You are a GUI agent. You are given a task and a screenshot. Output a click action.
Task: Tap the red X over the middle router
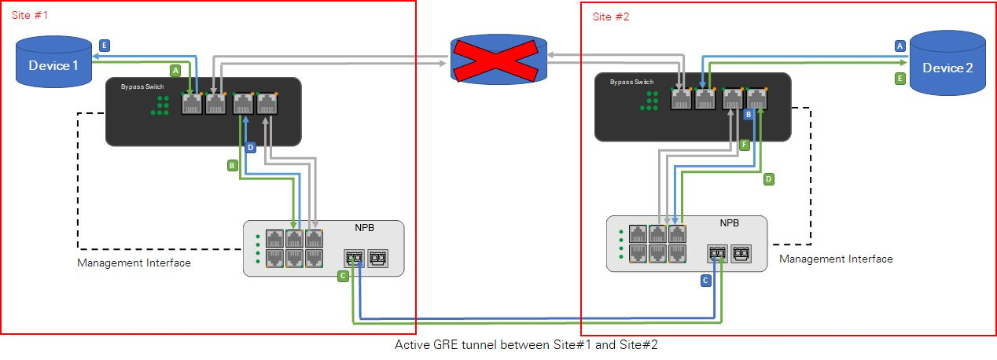click(499, 59)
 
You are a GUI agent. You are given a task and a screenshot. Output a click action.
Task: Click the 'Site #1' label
click(30, 15)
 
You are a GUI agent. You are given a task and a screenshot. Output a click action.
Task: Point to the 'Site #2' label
click(611, 17)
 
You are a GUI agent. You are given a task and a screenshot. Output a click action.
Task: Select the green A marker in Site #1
click(175, 71)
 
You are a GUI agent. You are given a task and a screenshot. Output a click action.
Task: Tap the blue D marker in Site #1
click(250, 147)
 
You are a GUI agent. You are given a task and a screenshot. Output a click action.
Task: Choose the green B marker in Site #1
click(232, 166)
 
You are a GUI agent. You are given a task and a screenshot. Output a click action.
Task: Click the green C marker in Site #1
click(342, 276)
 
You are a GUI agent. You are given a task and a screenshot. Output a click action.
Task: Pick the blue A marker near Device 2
click(900, 46)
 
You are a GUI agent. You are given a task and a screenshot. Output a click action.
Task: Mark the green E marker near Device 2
click(900, 78)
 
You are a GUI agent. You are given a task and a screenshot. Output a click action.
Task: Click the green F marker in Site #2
click(744, 145)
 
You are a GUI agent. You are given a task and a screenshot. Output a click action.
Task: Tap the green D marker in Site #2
click(769, 179)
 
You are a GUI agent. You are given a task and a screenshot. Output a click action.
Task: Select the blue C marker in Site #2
click(705, 280)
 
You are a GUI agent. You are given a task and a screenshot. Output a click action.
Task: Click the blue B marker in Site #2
click(749, 114)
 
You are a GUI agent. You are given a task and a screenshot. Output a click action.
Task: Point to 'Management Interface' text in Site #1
click(134, 263)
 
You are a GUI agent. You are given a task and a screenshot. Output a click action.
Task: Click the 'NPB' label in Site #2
click(730, 223)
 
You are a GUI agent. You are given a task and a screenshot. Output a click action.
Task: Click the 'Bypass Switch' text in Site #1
click(142, 86)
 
